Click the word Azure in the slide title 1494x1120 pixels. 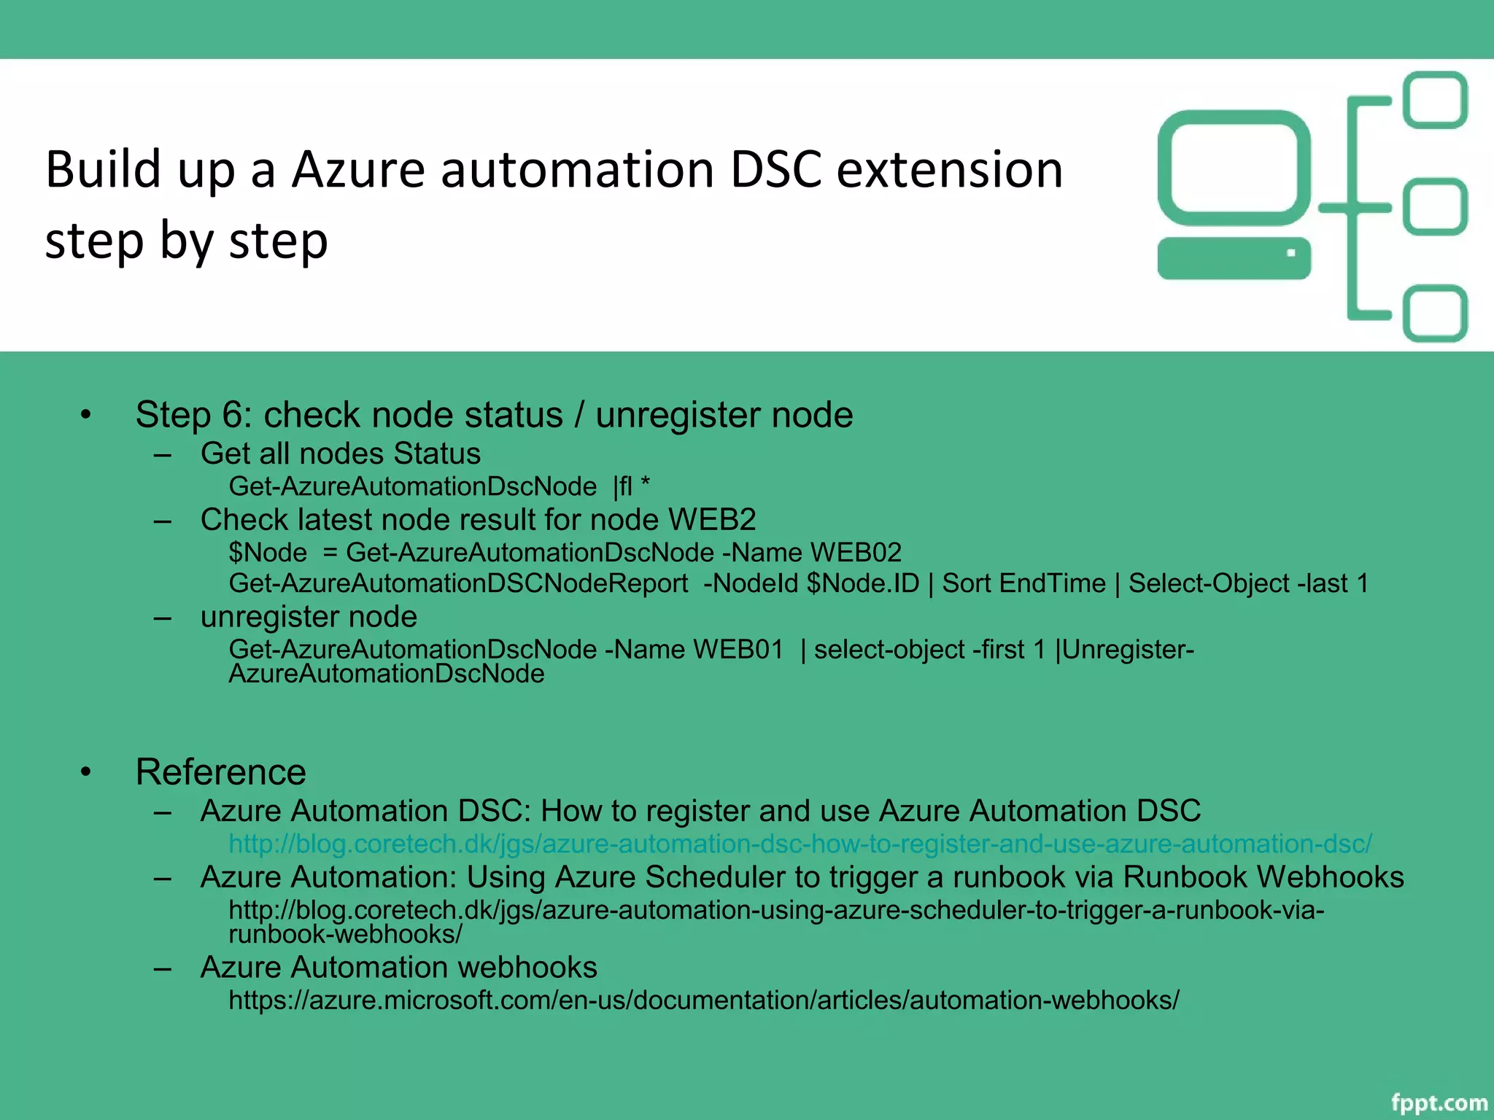click(x=358, y=170)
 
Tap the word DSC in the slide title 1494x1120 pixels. click(x=775, y=170)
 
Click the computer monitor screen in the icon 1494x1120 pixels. click(x=1234, y=168)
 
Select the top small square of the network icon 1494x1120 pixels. click(x=1435, y=100)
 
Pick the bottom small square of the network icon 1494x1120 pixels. click(x=1435, y=314)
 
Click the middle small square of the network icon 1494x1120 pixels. click(x=1435, y=207)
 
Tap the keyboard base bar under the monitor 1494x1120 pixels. click(x=1234, y=257)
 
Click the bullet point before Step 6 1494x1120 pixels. click(x=86, y=415)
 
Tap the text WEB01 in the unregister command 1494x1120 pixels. click(x=738, y=649)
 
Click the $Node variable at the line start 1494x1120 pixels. click(x=268, y=553)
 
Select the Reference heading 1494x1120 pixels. click(x=221, y=771)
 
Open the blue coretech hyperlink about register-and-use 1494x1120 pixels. click(x=800, y=844)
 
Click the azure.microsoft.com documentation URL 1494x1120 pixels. click(x=703, y=1000)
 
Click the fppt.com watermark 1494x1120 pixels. click(x=1439, y=1102)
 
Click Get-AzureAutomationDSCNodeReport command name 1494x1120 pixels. click(x=458, y=583)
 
